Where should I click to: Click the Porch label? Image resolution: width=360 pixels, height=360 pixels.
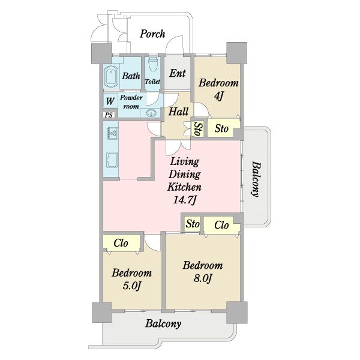[152, 34]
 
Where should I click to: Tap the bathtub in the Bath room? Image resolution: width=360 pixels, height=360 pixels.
[111, 76]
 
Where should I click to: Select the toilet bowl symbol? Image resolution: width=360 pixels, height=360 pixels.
[152, 64]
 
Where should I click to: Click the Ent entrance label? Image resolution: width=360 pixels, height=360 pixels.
[178, 73]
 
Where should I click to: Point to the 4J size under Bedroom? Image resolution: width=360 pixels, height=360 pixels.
[218, 96]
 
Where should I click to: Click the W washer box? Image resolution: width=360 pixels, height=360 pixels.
[110, 101]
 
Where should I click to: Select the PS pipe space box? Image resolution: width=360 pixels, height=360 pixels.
[109, 115]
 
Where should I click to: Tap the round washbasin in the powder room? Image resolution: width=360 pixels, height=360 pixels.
[151, 113]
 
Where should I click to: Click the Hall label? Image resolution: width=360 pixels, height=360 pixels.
[178, 112]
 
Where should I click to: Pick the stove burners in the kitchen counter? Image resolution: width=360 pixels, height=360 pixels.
[112, 133]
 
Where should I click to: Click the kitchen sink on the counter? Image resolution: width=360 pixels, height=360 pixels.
[112, 160]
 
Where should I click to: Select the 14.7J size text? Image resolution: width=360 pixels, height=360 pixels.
[184, 200]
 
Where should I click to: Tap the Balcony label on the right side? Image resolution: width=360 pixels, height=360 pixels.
[256, 179]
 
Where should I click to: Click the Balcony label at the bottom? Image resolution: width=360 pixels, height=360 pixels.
[163, 324]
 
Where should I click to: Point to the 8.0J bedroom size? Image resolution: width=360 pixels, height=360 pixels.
[203, 278]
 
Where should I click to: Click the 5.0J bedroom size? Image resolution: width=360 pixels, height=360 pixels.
[132, 286]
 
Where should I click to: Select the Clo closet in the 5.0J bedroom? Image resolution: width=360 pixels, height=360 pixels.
[121, 244]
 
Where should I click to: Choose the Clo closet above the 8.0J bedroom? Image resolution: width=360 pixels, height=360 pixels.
[221, 225]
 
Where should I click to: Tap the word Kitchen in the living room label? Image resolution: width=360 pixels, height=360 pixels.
[184, 187]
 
